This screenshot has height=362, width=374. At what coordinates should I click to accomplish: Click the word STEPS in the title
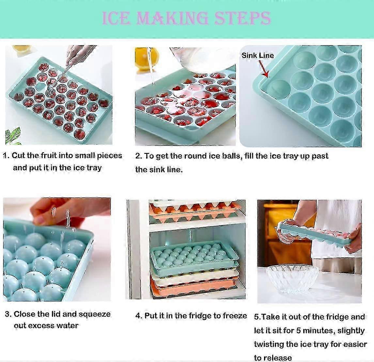(x=242, y=18)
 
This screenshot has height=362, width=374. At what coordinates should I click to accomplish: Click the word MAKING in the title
(x=172, y=18)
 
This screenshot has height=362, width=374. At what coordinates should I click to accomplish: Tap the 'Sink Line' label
(x=257, y=55)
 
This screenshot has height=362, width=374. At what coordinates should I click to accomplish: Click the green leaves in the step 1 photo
(x=13, y=136)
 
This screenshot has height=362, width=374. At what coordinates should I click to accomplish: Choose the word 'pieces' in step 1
(x=109, y=156)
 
